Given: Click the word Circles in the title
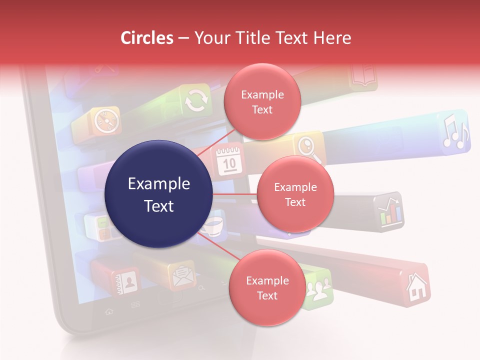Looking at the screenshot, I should click(x=146, y=38).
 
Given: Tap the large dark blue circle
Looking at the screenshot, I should click(x=159, y=194).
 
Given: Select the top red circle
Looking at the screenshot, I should click(x=262, y=102).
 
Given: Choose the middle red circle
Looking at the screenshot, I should click(x=295, y=194).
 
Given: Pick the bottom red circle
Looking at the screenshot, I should click(x=267, y=288).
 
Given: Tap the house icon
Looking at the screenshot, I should click(x=416, y=288).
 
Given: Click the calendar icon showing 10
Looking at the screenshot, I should click(x=229, y=160).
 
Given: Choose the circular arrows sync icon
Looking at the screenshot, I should click(x=195, y=101).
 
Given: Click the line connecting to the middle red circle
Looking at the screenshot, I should click(x=235, y=194).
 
